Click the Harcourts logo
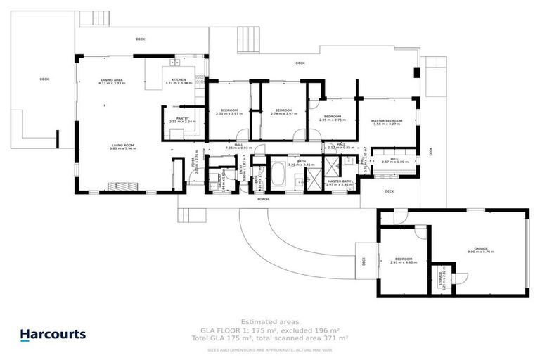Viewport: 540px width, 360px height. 53,335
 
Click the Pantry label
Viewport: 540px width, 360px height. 182,120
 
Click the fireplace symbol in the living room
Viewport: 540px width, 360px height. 124,186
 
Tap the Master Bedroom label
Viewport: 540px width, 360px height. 387,122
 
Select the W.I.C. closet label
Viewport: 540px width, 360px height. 390,160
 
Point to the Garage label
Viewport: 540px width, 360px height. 480,251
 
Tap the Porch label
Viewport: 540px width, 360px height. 264,199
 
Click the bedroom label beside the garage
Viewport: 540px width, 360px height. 404,260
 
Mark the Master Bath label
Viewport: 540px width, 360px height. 338,183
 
